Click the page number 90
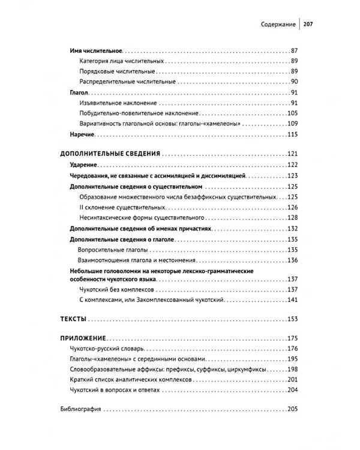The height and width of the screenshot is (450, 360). pyautogui.click(x=294, y=82)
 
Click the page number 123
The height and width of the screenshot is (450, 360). pyautogui.click(x=293, y=176)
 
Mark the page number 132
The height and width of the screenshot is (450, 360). pyautogui.click(x=293, y=229)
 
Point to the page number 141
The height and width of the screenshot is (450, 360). pyautogui.click(x=293, y=300)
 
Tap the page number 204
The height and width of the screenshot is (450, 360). pyautogui.click(x=293, y=391)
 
